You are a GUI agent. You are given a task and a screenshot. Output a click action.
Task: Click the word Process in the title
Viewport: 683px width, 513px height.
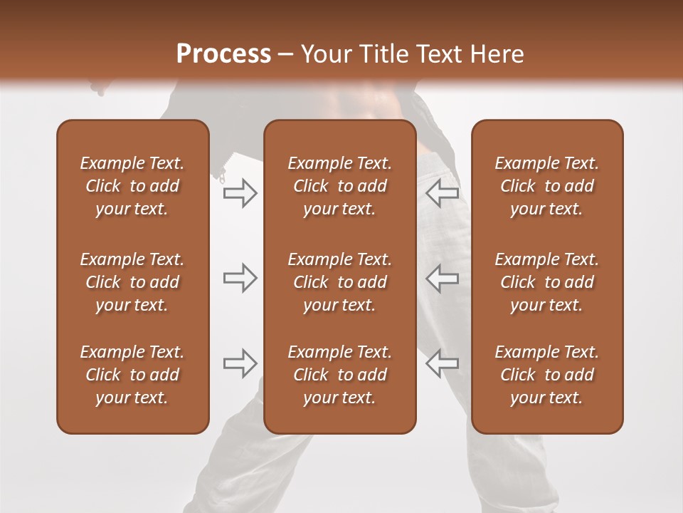[x=223, y=54]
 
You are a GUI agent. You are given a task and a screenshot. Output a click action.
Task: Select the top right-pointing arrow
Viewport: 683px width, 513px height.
[x=240, y=193]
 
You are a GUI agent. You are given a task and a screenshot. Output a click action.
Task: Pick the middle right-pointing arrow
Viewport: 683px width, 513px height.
[x=240, y=278]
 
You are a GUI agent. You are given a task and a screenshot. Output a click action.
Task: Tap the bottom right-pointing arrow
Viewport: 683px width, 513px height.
[x=240, y=363]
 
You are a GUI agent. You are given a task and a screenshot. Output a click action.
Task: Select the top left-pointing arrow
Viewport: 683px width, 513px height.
[x=443, y=193]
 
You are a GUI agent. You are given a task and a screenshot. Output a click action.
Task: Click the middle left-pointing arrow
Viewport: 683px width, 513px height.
[x=443, y=278]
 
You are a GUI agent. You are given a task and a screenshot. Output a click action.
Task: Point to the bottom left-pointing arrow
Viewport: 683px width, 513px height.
[x=443, y=363]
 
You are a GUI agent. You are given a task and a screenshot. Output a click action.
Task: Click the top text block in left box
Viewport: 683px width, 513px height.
[x=132, y=186]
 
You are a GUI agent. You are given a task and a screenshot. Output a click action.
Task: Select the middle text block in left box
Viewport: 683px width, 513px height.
[x=132, y=282]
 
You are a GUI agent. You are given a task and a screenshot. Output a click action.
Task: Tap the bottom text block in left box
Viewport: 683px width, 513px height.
[x=132, y=375]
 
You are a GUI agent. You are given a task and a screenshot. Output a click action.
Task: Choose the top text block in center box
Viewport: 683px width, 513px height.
[x=339, y=186]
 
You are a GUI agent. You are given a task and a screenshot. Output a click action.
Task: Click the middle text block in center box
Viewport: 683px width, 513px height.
[x=339, y=282]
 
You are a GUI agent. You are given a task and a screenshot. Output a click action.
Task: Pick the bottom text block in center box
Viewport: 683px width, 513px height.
[x=339, y=375]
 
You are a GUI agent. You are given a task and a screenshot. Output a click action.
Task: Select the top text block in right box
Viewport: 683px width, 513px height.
[x=546, y=186]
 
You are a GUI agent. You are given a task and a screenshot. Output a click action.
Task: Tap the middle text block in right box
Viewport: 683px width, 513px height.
[x=546, y=282]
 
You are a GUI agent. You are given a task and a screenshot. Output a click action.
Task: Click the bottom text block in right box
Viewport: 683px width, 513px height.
[x=546, y=375]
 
